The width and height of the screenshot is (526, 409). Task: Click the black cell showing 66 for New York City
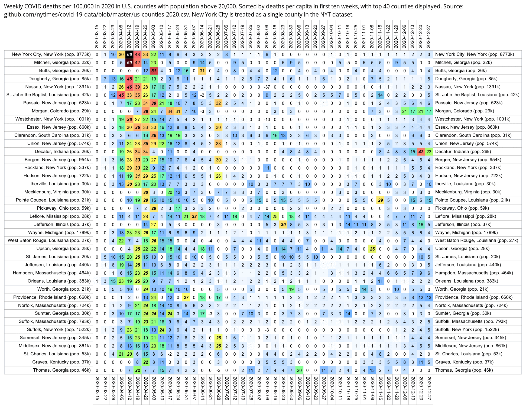tap(129, 54)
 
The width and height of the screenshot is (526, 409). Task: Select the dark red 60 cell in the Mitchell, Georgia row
tap(129, 63)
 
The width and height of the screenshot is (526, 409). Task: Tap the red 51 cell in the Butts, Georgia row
tap(154, 71)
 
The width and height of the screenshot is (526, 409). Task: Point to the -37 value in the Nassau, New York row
tap(267, 87)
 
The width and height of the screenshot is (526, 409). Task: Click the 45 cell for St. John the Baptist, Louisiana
tap(121, 95)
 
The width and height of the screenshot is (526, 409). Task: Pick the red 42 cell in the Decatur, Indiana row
tap(421, 152)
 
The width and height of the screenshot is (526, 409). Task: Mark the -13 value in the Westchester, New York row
tap(267, 119)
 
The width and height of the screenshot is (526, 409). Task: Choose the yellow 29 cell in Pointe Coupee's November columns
tap(380, 200)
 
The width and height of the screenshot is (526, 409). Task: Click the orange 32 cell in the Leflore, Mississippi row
tap(194, 216)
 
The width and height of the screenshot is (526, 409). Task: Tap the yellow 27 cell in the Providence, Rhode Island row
tap(186, 297)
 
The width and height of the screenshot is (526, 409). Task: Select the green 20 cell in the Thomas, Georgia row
tap(299, 370)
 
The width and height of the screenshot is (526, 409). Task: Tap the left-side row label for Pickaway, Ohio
tap(64, 208)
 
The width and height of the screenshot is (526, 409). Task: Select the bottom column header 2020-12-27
tap(429, 388)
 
